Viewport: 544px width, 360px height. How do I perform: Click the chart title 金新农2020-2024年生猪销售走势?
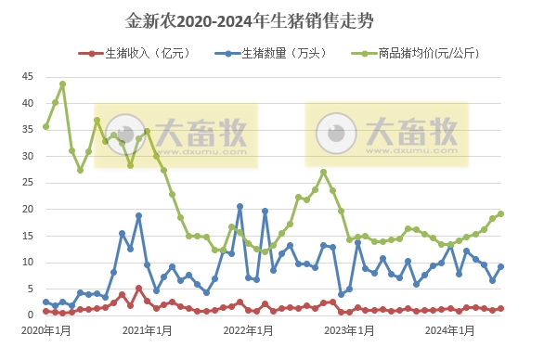(250, 19)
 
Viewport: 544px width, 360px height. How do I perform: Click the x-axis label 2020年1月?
(45, 329)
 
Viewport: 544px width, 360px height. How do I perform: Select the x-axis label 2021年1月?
(148, 329)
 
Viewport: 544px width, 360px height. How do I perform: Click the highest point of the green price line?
(62, 84)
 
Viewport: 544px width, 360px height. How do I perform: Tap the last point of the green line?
(501, 213)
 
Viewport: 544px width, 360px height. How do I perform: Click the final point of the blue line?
(501, 266)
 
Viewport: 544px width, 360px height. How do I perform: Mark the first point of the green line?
(45, 126)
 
